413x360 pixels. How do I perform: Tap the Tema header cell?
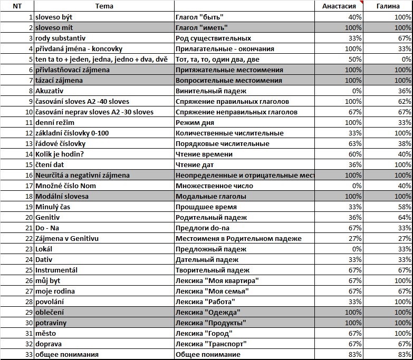point(104,6)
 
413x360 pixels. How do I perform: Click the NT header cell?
point(17,6)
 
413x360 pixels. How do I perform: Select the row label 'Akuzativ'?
point(50,91)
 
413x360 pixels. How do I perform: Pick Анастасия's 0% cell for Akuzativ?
point(356,91)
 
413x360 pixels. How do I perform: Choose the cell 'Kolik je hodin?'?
point(60,154)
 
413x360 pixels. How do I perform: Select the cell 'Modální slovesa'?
point(62,196)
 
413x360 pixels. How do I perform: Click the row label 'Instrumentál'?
point(56,270)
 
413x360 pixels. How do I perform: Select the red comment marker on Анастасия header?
point(362,2)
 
